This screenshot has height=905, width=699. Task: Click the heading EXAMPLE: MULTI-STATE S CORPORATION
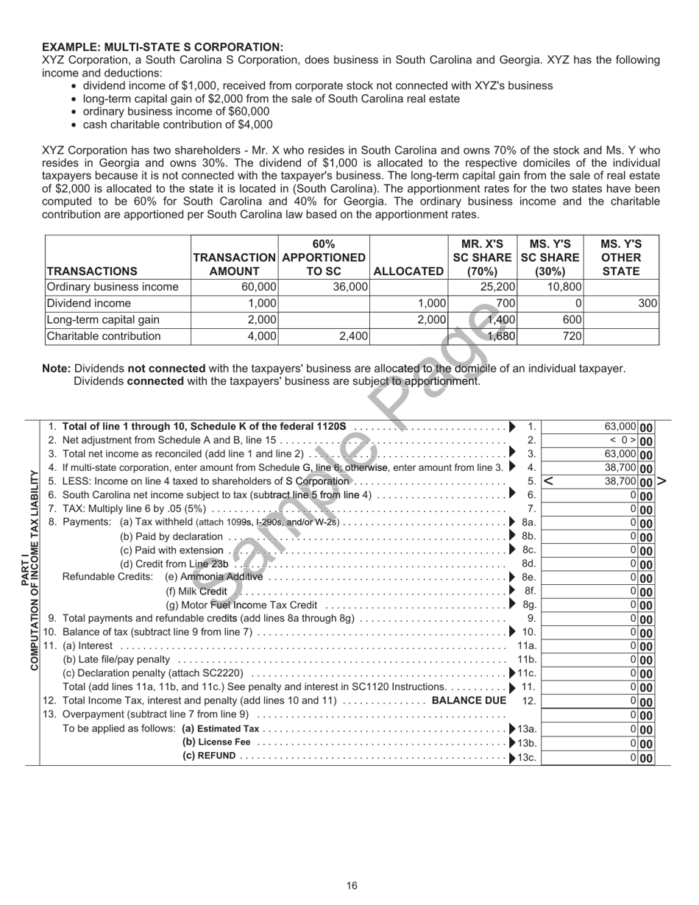162,47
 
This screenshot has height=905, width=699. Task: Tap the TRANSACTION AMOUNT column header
234,264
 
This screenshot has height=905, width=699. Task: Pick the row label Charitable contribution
104,336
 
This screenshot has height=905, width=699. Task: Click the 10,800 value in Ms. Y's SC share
565,287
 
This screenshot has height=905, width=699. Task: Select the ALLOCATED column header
408,271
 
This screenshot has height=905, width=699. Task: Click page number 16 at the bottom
352,886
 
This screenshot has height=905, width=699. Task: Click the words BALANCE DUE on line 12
469,700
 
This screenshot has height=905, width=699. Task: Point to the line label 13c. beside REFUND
528,756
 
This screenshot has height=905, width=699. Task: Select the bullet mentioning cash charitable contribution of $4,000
177,124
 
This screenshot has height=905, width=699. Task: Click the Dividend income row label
88,303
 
